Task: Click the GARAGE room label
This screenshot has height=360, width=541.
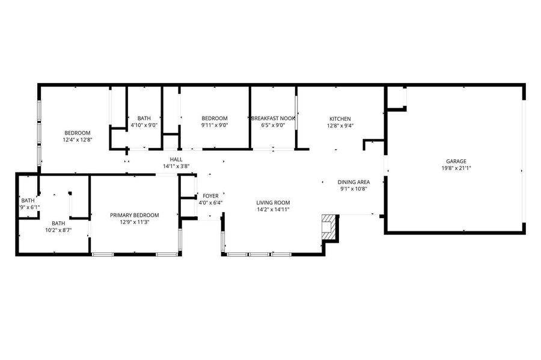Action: [456, 161]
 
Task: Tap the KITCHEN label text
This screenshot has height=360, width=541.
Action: [340, 118]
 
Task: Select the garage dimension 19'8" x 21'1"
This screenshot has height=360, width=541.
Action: [456, 168]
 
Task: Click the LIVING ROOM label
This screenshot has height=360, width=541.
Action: [273, 203]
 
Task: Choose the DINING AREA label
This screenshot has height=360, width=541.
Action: [353, 182]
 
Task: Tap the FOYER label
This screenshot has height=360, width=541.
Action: [210, 196]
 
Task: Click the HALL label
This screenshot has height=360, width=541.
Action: [176, 159]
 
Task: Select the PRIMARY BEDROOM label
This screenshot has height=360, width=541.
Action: [135, 215]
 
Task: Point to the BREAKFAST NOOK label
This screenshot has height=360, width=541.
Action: [273, 118]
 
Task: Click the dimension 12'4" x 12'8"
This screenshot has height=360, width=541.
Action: [78, 140]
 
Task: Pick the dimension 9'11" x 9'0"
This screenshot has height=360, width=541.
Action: [215, 125]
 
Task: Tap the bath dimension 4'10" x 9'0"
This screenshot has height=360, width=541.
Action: [144, 125]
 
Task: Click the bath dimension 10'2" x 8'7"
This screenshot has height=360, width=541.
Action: [59, 230]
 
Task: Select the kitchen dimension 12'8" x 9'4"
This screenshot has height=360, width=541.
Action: [340, 126]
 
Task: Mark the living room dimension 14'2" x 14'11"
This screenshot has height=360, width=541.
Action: [273, 210]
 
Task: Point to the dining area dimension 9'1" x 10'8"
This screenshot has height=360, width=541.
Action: [353, 189]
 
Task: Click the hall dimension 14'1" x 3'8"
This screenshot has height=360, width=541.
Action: [176, 166]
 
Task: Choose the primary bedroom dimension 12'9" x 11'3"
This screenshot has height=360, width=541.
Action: [135, 222]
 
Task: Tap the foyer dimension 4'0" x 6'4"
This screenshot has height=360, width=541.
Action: [210, 203]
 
